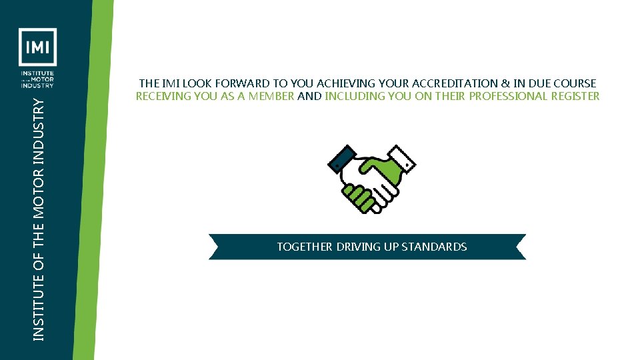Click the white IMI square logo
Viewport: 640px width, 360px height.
(37, 47)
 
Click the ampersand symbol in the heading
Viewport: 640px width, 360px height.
(503, 83)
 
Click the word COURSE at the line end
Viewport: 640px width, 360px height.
(573, 83)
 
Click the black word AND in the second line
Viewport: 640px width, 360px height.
(309, 96)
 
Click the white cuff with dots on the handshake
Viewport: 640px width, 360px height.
(402, 159)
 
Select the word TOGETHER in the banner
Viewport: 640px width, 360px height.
(305, 247)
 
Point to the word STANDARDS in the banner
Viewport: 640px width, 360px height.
(433, 247)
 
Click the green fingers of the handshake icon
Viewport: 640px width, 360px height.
(359, 197)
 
